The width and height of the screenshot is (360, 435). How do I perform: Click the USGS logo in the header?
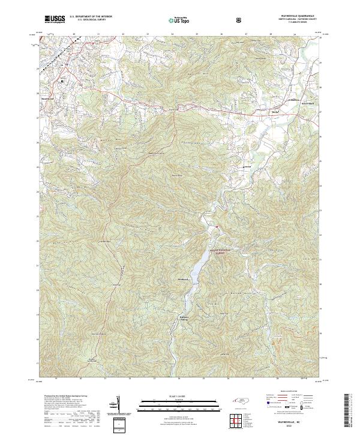55,20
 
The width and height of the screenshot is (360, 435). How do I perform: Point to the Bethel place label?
259,112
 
